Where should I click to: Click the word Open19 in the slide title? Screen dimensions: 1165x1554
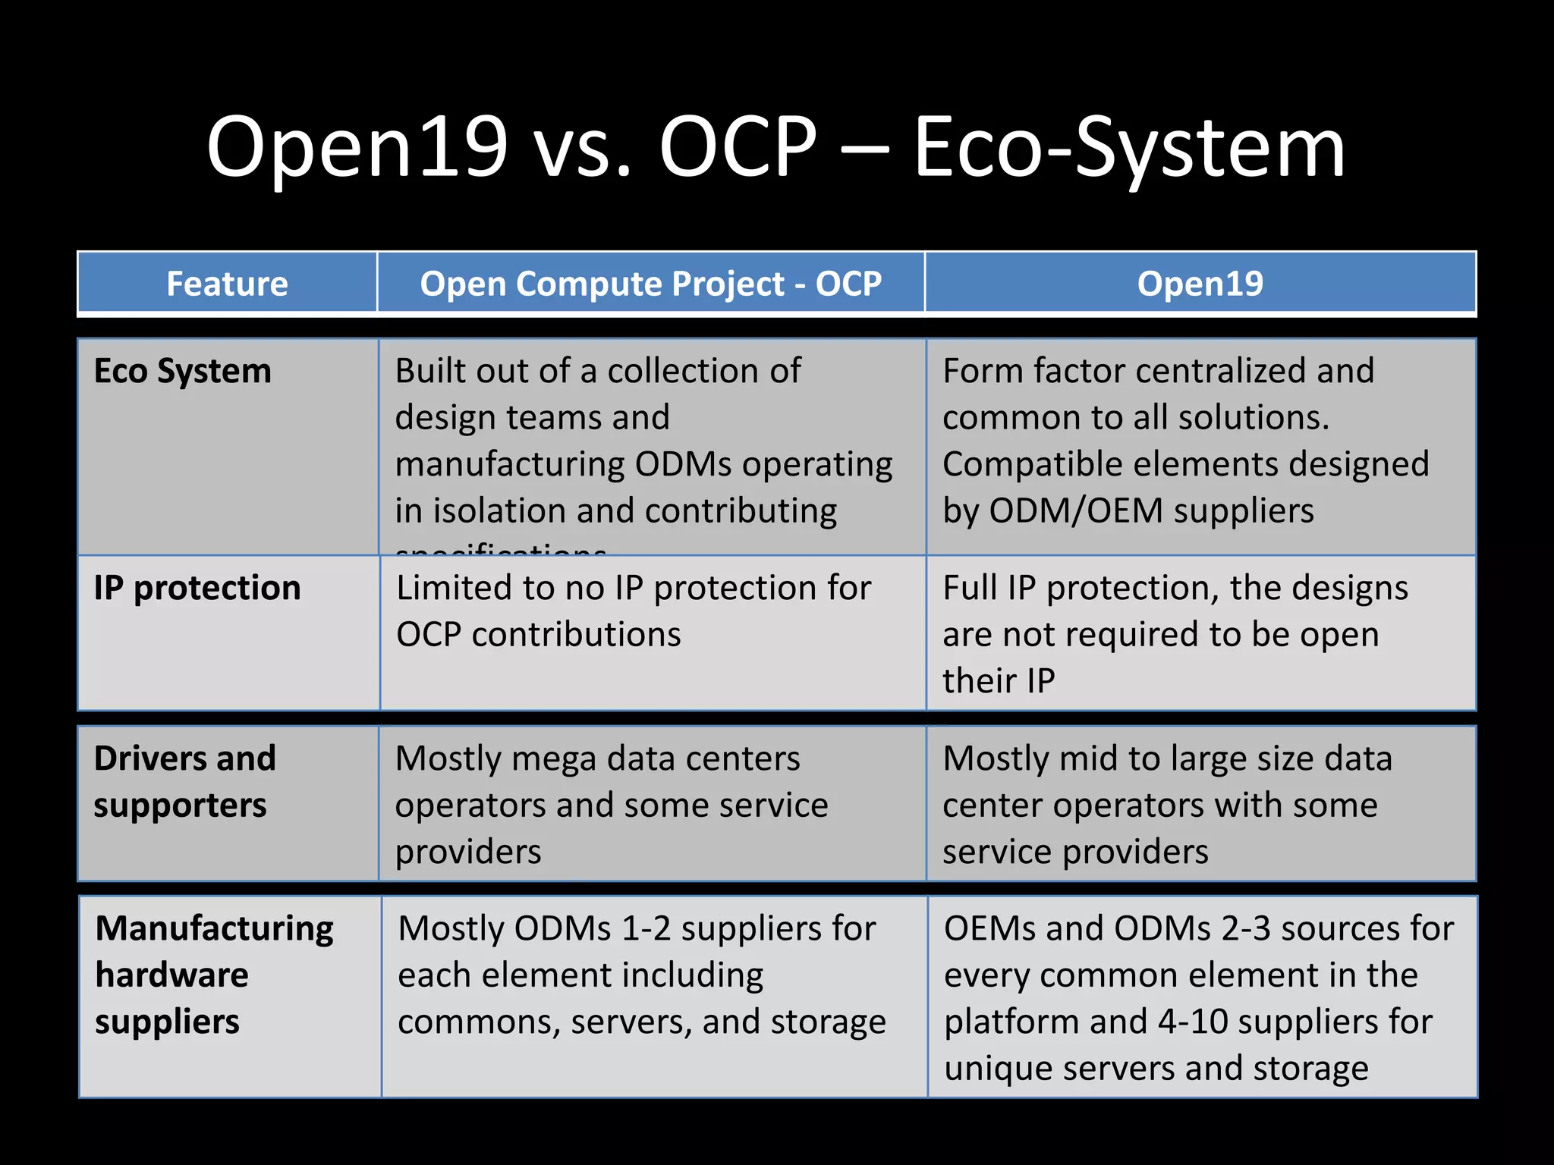[357, 148]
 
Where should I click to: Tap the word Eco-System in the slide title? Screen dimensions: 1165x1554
[1129, 148]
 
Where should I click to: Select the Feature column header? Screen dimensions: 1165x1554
[227, 284]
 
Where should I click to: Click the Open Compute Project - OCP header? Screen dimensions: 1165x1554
[650, 284]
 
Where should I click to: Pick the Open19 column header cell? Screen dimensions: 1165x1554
[1200, 284]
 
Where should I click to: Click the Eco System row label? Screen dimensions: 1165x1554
[182, 372]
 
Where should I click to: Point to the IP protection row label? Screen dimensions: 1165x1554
[197, 589]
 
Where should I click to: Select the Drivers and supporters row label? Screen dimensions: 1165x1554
[184, 781]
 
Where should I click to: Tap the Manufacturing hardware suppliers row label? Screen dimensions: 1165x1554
[214, 975]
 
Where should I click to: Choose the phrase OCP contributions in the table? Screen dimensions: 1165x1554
[539, 635]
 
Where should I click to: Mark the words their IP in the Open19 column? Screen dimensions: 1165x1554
[999, 681]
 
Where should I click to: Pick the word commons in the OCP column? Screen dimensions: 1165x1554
[478, 1022]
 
